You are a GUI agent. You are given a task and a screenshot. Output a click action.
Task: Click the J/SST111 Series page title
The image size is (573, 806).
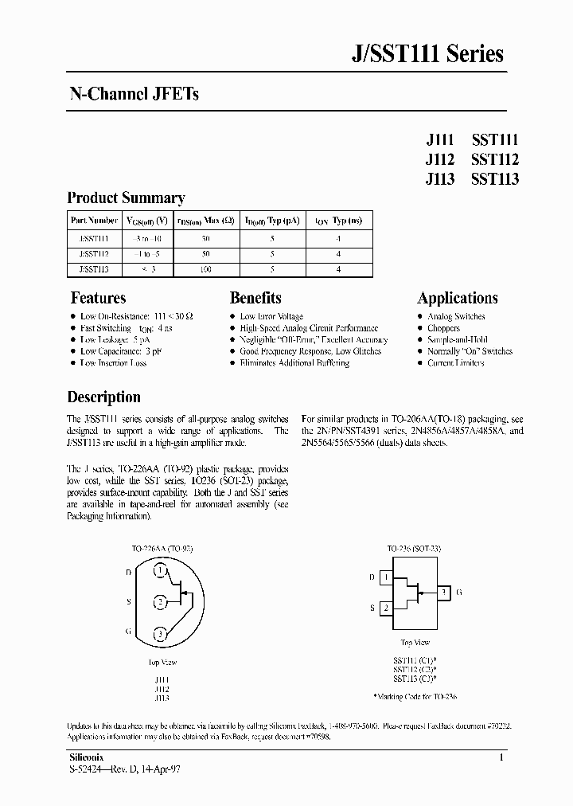tap(427, 54)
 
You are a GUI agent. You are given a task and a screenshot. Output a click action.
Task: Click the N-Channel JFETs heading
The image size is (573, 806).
tap(133, 94)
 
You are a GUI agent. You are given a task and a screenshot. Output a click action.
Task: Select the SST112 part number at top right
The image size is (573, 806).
tap(494, 158)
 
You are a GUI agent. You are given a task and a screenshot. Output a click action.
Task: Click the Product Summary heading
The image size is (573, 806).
tap(126, 198)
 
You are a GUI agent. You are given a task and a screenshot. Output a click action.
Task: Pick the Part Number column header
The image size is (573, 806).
tap(94, 221)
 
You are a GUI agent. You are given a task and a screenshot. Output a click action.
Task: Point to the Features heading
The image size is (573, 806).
tap(98, 298)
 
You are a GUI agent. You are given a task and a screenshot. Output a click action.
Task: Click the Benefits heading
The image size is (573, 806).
tap(255, 298)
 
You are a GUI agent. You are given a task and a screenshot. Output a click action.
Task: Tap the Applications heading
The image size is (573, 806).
tap(458, 298)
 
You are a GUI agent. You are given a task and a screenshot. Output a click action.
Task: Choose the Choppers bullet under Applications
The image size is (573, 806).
tap(443, 328)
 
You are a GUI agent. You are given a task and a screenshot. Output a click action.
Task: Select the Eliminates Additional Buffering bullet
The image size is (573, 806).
tap(294, 363)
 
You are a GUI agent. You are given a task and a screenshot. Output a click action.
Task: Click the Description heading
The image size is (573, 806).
tap(103, 397)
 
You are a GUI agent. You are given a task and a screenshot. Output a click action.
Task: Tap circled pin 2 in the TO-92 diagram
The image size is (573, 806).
tap(162, 601)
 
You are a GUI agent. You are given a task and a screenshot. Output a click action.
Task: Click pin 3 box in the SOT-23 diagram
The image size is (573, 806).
tap(442, 593)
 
